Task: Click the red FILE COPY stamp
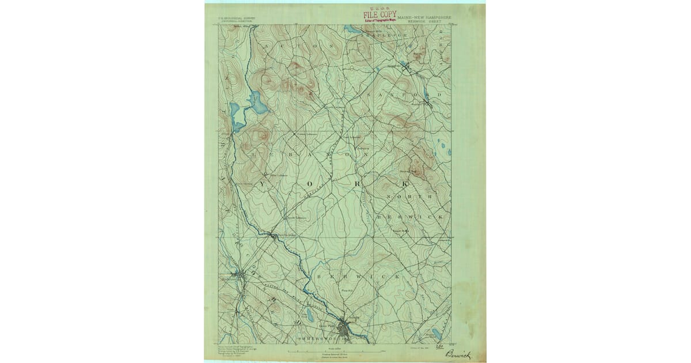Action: pyautogui.click(x=379, y=14)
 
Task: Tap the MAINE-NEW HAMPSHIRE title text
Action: pyautogui.click(x=424, y=17)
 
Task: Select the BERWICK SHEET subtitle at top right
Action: pyautogui.click(x=424, y=21)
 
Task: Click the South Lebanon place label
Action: pyautogui.click(x=296, y=218)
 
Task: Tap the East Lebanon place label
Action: pyautogui.click(x=352, y=137)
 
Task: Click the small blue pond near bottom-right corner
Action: pyautogui.click(x=436, y=334)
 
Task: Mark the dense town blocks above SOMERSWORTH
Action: pyautogui.click(x=345, y=330)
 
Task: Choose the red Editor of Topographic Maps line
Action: pyautogui.click(x=381, y=21)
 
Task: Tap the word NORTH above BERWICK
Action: pyautogui.click(x=409, y=197)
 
